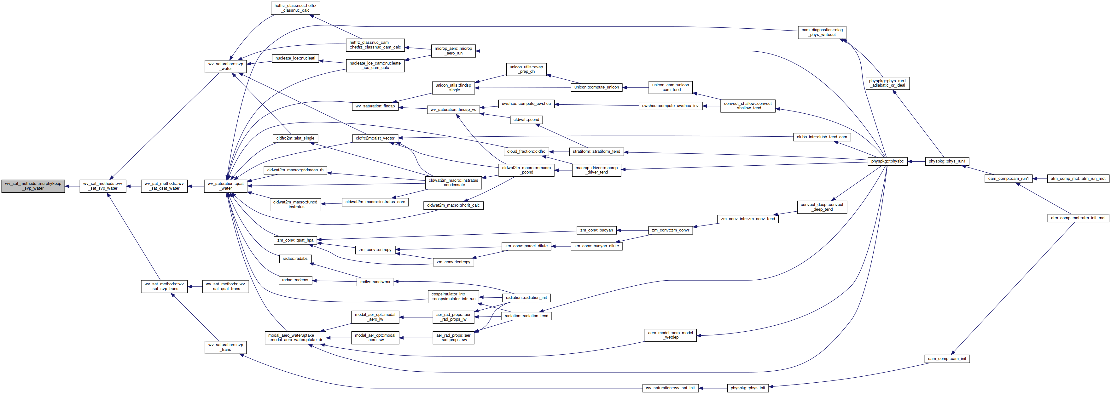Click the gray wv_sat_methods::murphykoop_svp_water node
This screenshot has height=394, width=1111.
coord(33,186)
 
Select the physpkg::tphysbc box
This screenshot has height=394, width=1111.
coord(887,161)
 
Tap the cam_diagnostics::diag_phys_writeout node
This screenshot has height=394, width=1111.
coord(822,32)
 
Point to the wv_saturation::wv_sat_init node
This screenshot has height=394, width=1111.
coord(670,388)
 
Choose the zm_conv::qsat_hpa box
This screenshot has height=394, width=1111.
coord(295,240)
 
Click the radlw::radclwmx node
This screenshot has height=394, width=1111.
coord(375,282)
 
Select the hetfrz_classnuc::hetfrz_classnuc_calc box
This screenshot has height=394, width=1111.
coord(295,8)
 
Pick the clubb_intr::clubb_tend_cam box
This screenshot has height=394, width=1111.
coord(822,137)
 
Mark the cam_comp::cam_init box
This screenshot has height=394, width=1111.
coord(947,359)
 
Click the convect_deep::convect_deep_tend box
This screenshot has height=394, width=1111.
coord(822,207)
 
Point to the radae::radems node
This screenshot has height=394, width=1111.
coord(295,280)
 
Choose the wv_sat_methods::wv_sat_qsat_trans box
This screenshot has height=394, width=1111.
coord(225,287)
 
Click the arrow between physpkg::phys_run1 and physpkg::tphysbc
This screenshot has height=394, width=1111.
coord(916,161)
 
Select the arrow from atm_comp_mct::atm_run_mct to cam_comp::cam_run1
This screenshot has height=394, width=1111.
coord(1040,179)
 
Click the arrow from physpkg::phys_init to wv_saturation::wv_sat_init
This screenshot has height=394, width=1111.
coord(713,388)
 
